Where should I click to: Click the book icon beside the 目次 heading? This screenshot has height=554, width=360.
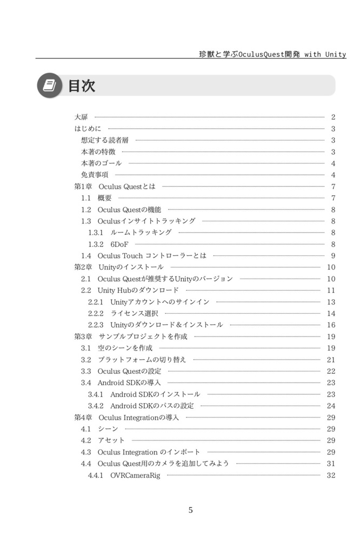coord(49,85)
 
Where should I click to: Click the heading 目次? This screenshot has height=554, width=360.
coord(82,85)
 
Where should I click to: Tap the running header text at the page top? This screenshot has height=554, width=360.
coord(272,54)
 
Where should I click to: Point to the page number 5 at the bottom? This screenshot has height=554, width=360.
coord(190,510)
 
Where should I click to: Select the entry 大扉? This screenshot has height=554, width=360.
coord(81,117)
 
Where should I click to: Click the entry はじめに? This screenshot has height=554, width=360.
coord(88,129)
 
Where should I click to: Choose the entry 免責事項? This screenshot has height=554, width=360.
coord(95,175)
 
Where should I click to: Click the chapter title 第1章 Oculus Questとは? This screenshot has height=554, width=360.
coord(115,187)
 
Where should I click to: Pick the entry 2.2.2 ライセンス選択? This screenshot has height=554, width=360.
coord(123,313)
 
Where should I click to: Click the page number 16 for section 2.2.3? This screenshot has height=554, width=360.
coord(331,325)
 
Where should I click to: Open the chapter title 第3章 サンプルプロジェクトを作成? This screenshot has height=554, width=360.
coord(130,337)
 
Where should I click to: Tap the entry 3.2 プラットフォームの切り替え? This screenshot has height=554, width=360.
coord(134,360)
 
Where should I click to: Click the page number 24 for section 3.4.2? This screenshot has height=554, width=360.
coord(331,406)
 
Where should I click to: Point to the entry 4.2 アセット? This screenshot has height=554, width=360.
coord(103,440)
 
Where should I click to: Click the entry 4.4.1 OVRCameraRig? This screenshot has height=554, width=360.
coord(124,476)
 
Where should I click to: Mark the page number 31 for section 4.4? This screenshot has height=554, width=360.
coord(331,464)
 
